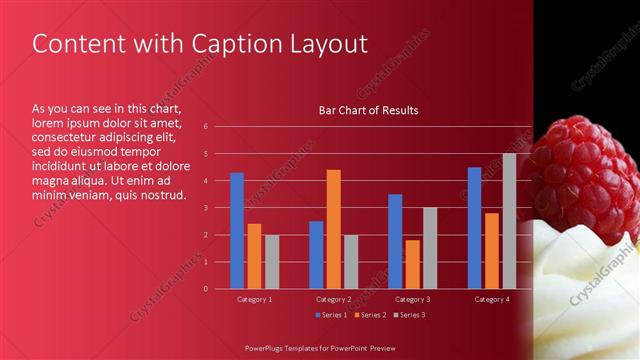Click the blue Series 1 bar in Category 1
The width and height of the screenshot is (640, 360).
pyautogui.click(x=237, y=231)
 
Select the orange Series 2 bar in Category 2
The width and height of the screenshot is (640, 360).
pyautogui.click(x=333, y=229)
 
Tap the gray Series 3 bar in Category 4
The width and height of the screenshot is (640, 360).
pyautogui.click(x=509, y=221)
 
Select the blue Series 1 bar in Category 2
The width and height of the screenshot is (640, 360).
pyautogui.click(x=316, y=255)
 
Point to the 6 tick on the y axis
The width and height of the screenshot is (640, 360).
pyautogui.click(x=205, y=127)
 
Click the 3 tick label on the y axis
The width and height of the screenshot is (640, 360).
pyautogui.click(x=205, y=208)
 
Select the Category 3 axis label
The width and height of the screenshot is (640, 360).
pyautogui.click(x=412, y=299)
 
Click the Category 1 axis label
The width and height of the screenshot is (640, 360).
pyautogui.click(x=254, y=299)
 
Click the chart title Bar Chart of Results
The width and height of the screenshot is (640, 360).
pyautogui.click(x=368, y=110)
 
